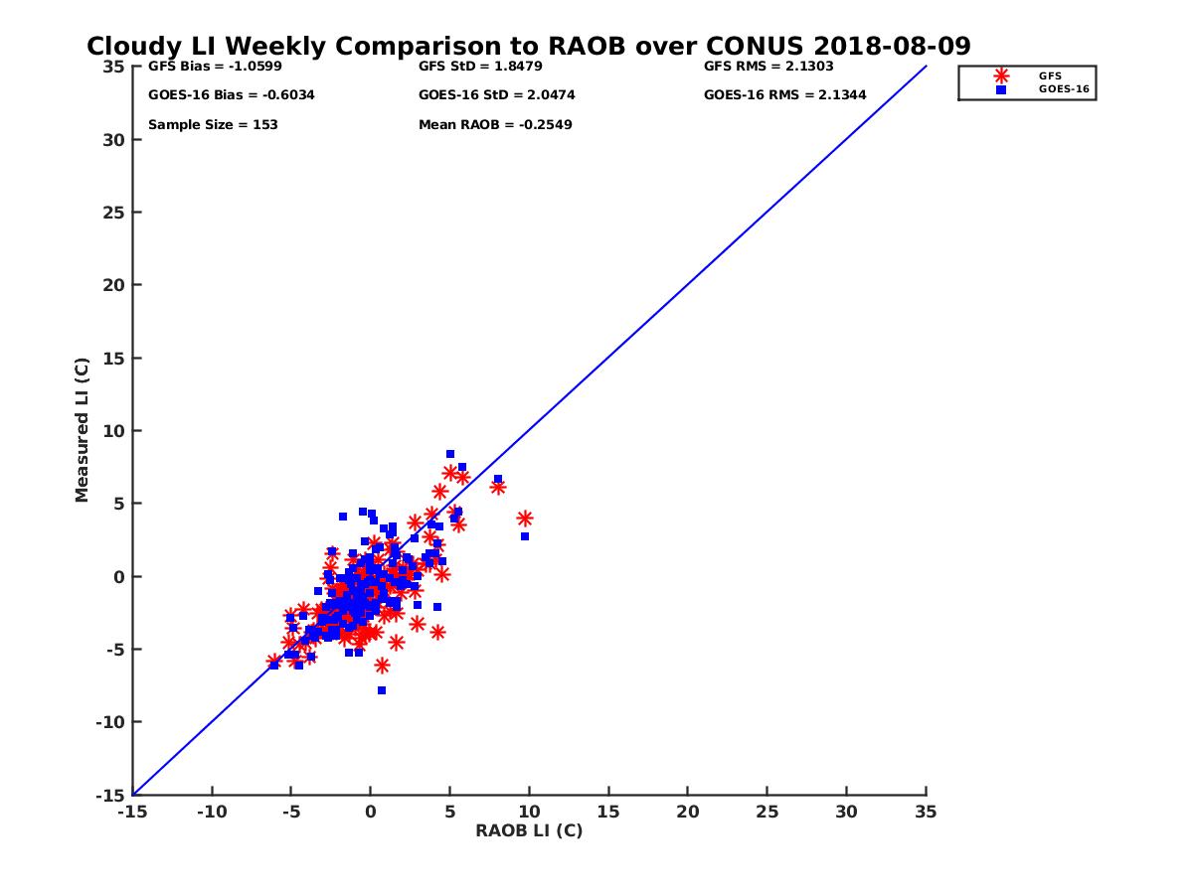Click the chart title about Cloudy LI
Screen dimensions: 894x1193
click(x=528, y=46)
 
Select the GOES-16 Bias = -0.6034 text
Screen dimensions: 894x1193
click(x=218, y=95)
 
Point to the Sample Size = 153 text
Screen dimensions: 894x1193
click(x=213, y=125)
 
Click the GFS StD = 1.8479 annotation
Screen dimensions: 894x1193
click(x=481, y=67)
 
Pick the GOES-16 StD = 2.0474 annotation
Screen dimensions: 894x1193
click(x=496, y=95)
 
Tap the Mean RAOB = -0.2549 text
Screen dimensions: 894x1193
click(x=495, y=125)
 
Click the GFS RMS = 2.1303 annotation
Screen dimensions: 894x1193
click(x=767, y=67)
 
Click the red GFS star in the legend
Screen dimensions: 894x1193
click(x=1001, y=75)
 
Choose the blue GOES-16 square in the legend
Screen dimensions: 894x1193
click(x=1001, y=89)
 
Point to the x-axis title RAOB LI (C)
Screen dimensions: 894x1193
click(x=528, y=830)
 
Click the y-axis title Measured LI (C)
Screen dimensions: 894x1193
click(x=83, y=430)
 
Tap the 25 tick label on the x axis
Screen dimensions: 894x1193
click(x=767, y=812)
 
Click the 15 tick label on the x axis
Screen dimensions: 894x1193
click(x=607, y=812)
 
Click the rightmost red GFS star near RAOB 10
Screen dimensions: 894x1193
click(x=525, y=519)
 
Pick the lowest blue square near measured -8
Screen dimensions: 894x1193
click(x=381, y=690)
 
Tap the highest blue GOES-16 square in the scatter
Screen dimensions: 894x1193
click(x=449, y=454)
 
